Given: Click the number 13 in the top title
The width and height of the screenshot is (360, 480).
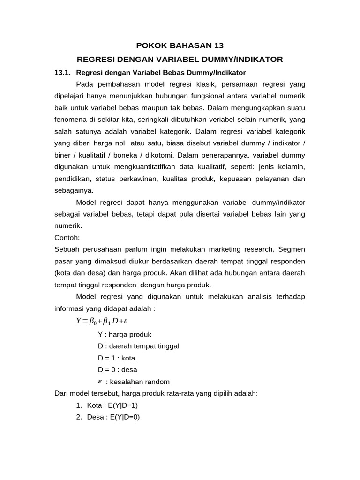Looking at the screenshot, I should (x=218, y=45).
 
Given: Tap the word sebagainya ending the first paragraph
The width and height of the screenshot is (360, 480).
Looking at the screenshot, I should (x=74, y=190).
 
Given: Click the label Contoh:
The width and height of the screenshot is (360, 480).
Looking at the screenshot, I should (x=67, y=237).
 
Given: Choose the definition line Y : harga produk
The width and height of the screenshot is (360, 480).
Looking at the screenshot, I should (x=125, y=334).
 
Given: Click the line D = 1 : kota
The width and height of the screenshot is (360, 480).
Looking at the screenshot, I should (x=116, y=358).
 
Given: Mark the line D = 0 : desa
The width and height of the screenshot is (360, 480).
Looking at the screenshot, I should (x=118, y=369).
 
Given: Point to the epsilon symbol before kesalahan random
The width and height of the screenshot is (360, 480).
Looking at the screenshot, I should (x=100, y=381).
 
